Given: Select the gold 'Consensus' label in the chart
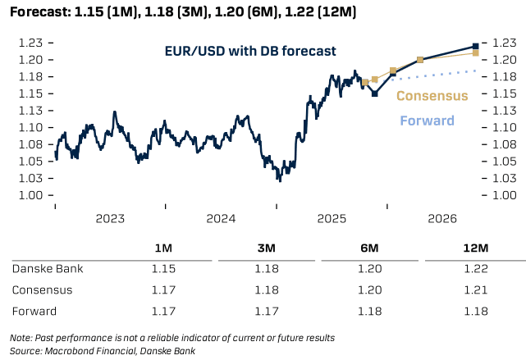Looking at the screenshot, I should click(432, 96).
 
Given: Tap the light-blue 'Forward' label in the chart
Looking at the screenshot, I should click(427, 121).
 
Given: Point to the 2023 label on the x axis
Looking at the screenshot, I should click(110, 219).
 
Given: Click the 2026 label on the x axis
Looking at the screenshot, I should click(441, 219).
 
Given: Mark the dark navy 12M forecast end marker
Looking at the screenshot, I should click(476, 46).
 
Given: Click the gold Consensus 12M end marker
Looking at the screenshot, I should click(476, 53).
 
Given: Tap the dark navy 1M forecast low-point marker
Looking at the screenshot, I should click(374, 93).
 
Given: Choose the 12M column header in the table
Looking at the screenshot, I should click(474, 248).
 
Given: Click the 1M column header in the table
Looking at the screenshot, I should click(163, 248).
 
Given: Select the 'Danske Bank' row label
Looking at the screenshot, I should click(48, 269).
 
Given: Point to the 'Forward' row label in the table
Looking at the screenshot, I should click(35, 312).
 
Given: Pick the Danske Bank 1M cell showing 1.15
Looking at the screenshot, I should click(163, 269).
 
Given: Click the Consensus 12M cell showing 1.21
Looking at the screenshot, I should click(474, 290).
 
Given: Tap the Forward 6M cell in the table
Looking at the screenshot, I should click(369, 312).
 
